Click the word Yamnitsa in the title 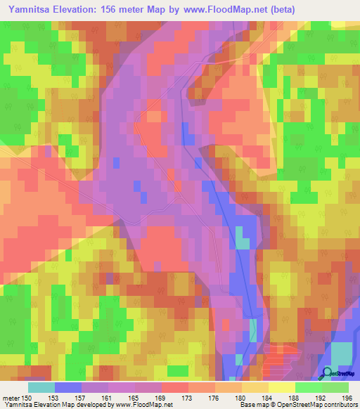click(30, 8)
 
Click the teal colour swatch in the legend click(41, 387)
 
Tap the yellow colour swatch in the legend click(282, 387)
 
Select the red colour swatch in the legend click(175, 387)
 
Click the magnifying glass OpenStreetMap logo click(326, 373)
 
